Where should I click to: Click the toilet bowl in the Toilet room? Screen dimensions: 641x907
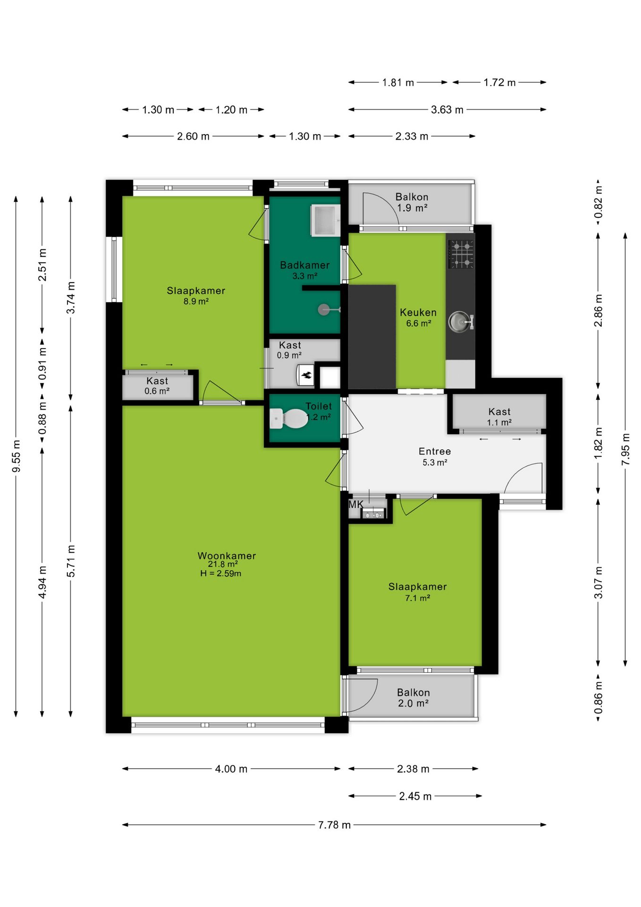289,419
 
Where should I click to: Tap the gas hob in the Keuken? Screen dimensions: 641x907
461,254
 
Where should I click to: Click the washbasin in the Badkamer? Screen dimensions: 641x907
325,220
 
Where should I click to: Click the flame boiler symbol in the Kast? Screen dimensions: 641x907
305,375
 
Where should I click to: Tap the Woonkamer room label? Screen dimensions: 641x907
227,556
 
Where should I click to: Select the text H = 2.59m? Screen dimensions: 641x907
221,573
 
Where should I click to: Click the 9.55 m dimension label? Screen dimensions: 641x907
17,456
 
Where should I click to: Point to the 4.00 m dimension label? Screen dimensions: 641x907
231,769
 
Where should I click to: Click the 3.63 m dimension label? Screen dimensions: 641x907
447,110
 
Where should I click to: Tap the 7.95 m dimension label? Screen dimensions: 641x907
625,449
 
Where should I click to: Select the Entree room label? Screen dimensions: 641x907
435,452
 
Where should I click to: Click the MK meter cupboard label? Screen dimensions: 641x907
356,505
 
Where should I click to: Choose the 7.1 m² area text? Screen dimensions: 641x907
418,598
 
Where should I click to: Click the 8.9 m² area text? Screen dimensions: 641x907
196,301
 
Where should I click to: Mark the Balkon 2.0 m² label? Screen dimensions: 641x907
413,698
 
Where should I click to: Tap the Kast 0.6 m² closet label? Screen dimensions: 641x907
157,385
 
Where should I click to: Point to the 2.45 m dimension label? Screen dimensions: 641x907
415,796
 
